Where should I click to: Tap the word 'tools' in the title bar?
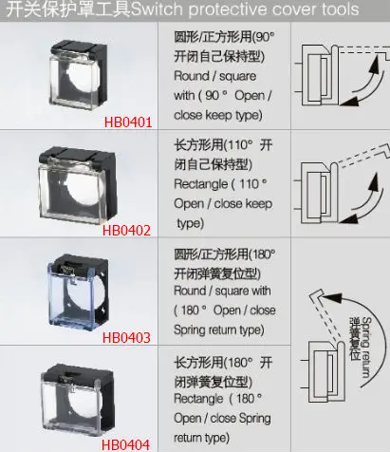[340, 10]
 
